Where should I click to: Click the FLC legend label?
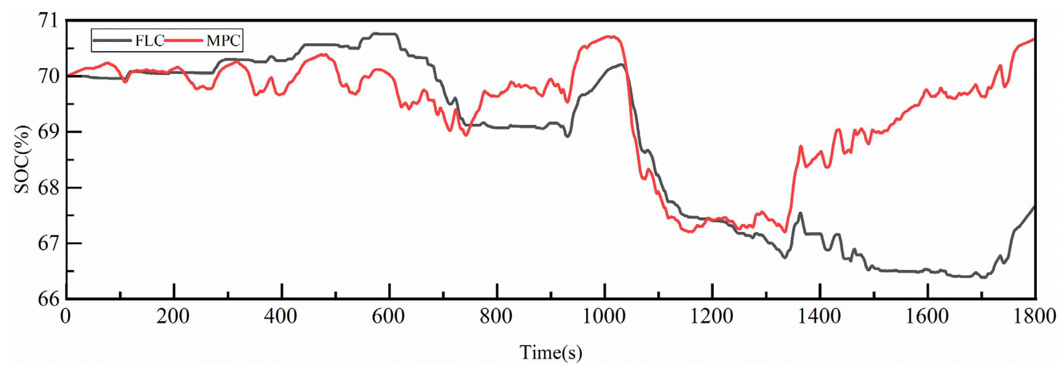[x=150, y=41]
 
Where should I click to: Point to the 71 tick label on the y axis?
[x=48, y=21]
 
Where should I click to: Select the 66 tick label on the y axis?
[x=48, y=299]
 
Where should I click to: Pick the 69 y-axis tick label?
[x=48, y=132]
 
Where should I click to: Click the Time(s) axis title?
[x=551, y=353]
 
